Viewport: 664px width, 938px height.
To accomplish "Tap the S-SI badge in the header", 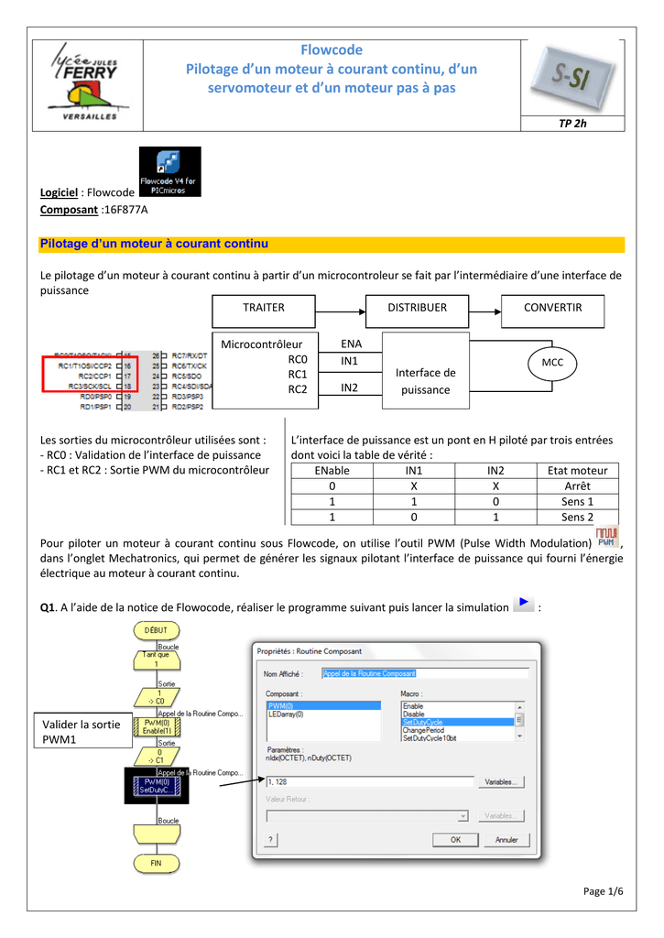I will [x=570, y=80].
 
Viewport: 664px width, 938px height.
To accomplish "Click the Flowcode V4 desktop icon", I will [x=169, y=171].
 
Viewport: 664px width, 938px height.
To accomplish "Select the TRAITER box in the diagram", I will [x=264, y=309].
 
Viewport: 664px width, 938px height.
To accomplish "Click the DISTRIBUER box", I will [x=417, y=309].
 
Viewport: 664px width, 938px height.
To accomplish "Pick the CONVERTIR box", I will [x=552, y=309].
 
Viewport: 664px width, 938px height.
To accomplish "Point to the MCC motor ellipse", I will [x=552, y=364].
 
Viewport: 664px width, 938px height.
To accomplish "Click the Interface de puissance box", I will [x=425, y=380].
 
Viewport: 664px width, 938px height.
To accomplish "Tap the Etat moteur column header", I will [x=577, y=470].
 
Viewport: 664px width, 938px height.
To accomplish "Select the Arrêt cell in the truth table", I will [x=577, y=485].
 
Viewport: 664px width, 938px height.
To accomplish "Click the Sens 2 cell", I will [x=577, y=518].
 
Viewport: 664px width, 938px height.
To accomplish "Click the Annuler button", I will [x=506, y=839].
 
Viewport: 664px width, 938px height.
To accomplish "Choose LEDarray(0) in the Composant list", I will [x=286, y=714].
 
